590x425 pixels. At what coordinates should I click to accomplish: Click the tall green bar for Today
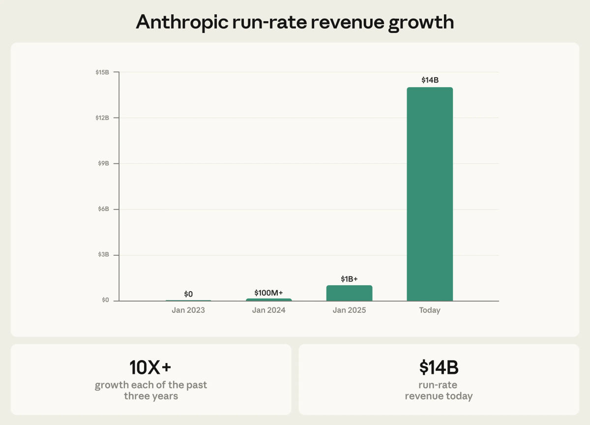coord(430,194)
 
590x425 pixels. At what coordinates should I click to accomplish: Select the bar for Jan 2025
coord(349,293)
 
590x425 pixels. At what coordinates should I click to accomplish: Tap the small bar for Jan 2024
coord(268,300)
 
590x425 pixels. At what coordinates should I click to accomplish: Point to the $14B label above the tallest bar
coord(430,80)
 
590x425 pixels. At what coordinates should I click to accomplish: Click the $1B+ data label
coord(349,279)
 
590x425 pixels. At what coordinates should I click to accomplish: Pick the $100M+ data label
coord(268,293)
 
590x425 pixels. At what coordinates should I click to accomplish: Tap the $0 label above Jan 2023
coord(188,294)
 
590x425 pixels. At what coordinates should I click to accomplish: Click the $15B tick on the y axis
coord(102,72)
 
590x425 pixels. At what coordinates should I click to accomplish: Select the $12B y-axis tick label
coord(102,118)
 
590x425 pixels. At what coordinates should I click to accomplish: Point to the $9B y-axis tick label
coord(103,163)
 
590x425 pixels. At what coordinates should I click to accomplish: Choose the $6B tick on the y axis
coord(103,209)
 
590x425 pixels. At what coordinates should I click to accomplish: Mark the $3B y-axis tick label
coord(103,255)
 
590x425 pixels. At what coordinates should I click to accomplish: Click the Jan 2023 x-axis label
coord(188,310)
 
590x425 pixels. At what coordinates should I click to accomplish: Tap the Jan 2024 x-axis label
coord(268,310)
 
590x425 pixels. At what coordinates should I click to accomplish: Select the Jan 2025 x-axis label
coord(349,310)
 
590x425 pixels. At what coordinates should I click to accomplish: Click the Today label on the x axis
coord(430,310)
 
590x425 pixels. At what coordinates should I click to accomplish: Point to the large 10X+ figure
coord(150,367)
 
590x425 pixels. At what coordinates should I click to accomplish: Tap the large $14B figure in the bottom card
coord(439,367)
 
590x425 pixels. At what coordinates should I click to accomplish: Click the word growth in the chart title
coord(421,22)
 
